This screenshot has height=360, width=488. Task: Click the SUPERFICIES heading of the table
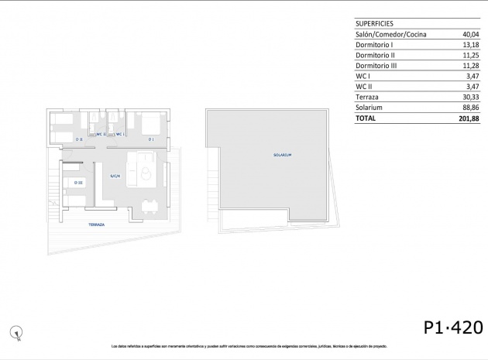376,23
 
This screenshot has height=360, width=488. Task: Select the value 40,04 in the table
470,35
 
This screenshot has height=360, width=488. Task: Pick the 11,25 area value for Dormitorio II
470,56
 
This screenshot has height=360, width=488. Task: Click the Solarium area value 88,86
470,108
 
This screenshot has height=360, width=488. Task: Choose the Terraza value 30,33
470,98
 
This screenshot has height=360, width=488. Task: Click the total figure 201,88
469,119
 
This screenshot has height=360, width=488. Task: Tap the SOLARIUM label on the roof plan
282,156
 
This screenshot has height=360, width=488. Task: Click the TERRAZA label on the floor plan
97,224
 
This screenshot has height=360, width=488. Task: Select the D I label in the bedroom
151,139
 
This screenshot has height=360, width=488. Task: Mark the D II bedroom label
79,139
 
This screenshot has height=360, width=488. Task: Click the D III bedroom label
78,182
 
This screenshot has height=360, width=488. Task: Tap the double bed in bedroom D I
149,124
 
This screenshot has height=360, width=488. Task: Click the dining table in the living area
149,204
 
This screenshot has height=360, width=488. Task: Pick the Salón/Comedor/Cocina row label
391,35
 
